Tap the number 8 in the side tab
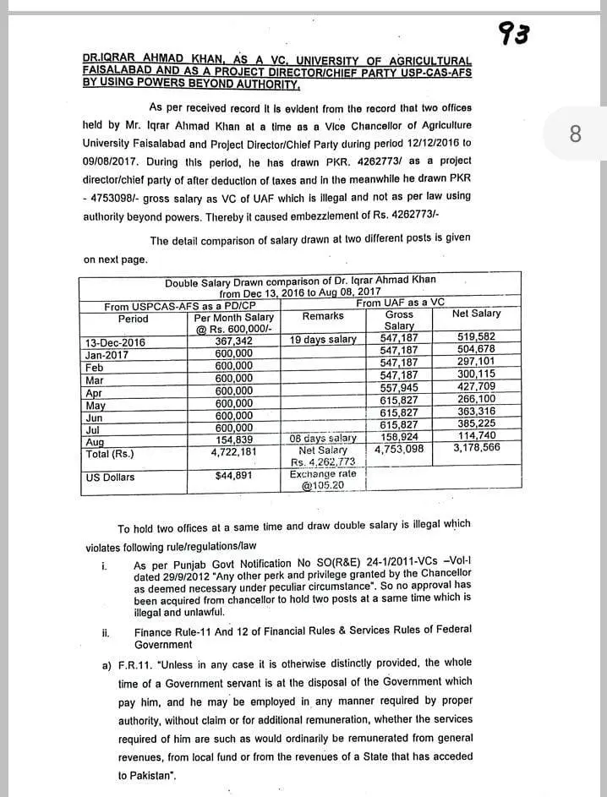[x=575, y=134]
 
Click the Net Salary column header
[x=476, y=314]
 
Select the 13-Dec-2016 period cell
[x=115, y=342]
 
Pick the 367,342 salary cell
[x=233, y=341]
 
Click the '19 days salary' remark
[x=323, y=340]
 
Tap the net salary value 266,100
[x=476, y=399]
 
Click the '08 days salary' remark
[x=323, y=439]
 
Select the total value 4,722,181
[x=233, y=452]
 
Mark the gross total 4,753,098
[x=399, y=450]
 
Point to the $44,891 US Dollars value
[x=235, y=477]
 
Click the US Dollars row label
[x=110, y=478]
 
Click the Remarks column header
[x=323, y=316]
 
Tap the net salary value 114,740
[x=476, y=436]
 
